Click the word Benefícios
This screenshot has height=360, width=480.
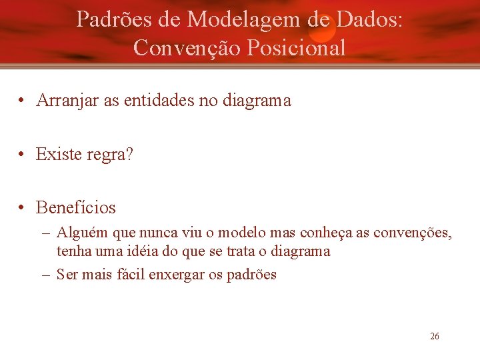click(76, 207)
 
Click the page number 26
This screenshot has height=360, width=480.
click(435, 337)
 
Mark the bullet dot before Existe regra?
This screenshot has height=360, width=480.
click(22, 155)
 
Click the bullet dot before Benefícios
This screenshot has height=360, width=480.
click(22, 208)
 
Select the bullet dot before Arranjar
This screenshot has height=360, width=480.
click(22, 101)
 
